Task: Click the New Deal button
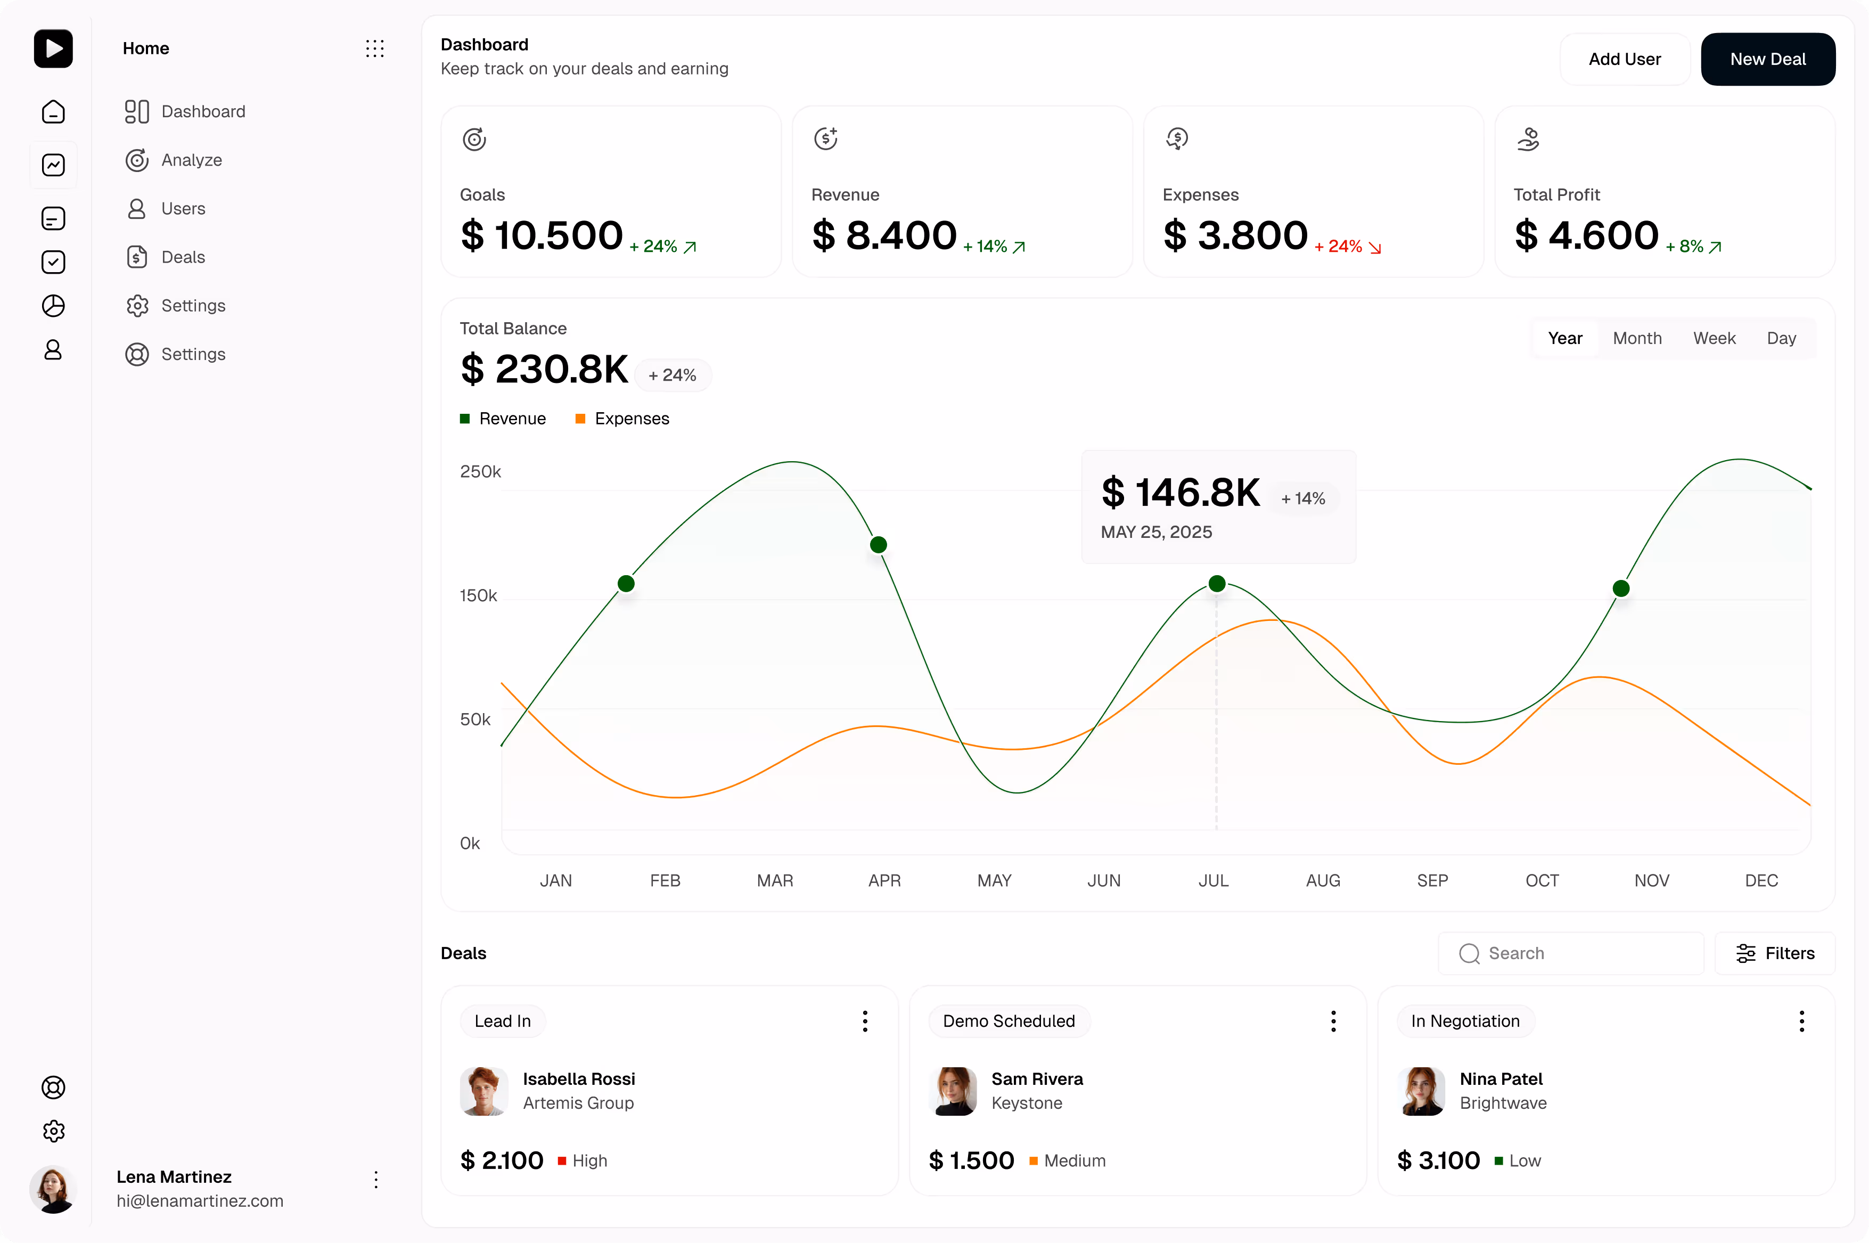click(x=1767, y=60)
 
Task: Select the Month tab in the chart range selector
click(x=1637, y=339)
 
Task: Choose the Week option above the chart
click(x=1714, y=339)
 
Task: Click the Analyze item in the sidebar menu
click(x=191, y=160)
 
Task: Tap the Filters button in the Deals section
click(x=1775, y=953)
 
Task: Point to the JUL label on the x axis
click(x=1212, y=881)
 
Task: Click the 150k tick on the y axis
click(x=478, y=595)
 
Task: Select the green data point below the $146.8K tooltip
click(x=1217, y=584)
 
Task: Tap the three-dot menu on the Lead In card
click(x=865, y=1021)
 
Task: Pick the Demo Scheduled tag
click(x=1008, y=1021)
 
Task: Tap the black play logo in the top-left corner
click(x=53, y=48)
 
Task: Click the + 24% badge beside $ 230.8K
click(x=672, y=375)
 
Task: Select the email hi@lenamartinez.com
click(x=200, y=1201)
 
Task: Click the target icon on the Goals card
click(x=474, y=140)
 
